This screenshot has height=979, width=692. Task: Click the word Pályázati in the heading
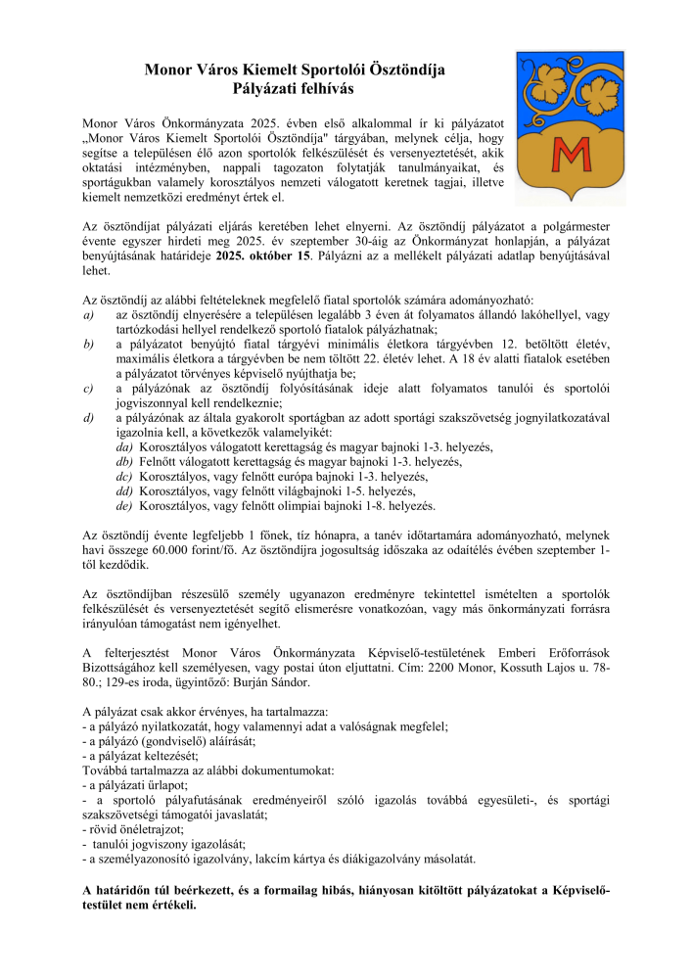(260, 88)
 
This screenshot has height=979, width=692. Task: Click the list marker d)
(89, 418)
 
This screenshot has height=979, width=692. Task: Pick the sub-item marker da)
(124, 446)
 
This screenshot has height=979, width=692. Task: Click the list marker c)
(89, 389)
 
